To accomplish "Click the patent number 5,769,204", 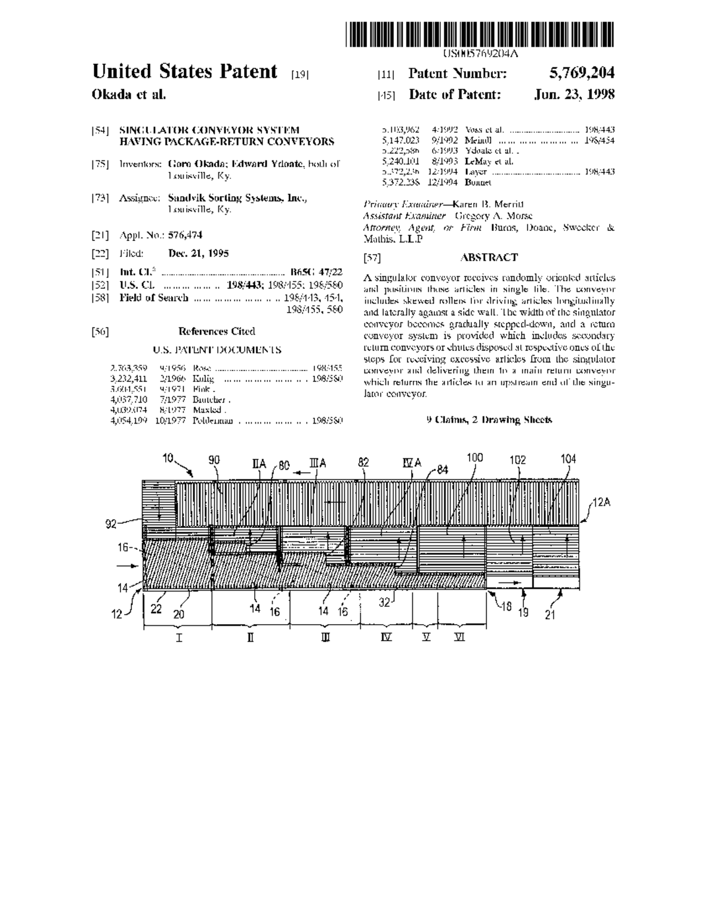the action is point(581,73).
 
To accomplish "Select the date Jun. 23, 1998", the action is point(574,94).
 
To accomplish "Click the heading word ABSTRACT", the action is point(489,257).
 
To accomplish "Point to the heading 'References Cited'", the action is point(217,331).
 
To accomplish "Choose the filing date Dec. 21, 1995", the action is point(198,253).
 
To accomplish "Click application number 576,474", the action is point(185,235).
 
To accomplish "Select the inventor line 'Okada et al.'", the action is point(129,94).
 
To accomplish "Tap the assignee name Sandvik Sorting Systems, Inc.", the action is point(237,198).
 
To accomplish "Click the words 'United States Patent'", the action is point(185,72).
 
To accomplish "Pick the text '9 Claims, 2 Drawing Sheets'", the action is point(489,419).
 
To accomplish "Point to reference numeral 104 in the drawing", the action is point(568,459).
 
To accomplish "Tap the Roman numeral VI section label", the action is point(459,637).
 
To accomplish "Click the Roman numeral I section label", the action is point(179,638).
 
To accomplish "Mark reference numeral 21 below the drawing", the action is point(550,615).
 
